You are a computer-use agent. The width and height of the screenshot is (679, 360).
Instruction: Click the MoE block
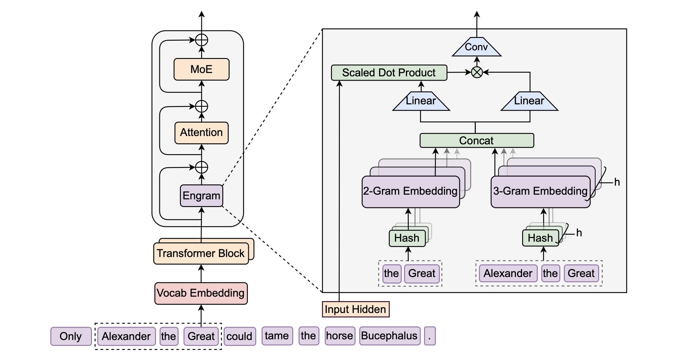pyautogui.click(x=201, y=69)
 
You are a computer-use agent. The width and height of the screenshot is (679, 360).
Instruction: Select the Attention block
pyautogui.click(x=201, y=133)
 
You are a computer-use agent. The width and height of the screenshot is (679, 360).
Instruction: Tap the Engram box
pyautogui.click(x=201, y=196)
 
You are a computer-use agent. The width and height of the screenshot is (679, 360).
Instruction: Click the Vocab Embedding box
pyautogui.click(x=201, y=293)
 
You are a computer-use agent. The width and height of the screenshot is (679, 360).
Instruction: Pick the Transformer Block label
pyautogui.click(x=201, y=253)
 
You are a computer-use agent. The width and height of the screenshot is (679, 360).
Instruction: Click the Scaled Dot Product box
pyautogui.click(x=389, y=73)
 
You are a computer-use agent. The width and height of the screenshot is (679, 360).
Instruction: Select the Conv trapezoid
pyautogui.click(x=476, y=47)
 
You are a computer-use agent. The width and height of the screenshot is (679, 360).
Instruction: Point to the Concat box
pyautogui.click(x=476, y=141)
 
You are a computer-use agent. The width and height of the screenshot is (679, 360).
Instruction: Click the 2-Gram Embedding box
pyautogui.click(x=410, y=191)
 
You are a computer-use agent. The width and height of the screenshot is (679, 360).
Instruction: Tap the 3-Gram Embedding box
pyautogui.click(x=540, y=191)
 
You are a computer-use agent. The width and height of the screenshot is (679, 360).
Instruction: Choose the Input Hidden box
pyautogui.click(x=355, y=309)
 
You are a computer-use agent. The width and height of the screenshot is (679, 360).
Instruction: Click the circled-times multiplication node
pyautogui.click(x=477, y=72)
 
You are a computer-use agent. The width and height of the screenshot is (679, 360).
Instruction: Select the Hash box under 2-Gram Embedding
pyautogui.click(x=407, y=238)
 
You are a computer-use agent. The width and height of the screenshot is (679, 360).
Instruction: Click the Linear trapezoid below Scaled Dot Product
pyautogui.click(x=421, y=101)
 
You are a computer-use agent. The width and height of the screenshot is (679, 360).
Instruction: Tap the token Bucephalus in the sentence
pyautogui.click(x=389, y=336)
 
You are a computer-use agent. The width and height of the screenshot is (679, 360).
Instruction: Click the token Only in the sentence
pyautogui.click(x=71, y=336)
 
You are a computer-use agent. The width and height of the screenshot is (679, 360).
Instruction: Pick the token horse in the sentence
pyautogui.click(x=339, y=336)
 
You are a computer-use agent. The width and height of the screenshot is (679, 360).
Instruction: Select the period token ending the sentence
pyautogui.click(x=429, y=336)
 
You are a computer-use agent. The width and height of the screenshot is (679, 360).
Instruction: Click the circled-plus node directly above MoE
pyautogui.click(x=201, y=40)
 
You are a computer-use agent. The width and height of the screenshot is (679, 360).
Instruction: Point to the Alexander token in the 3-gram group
pyautogui.click(x=508, y=273)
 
